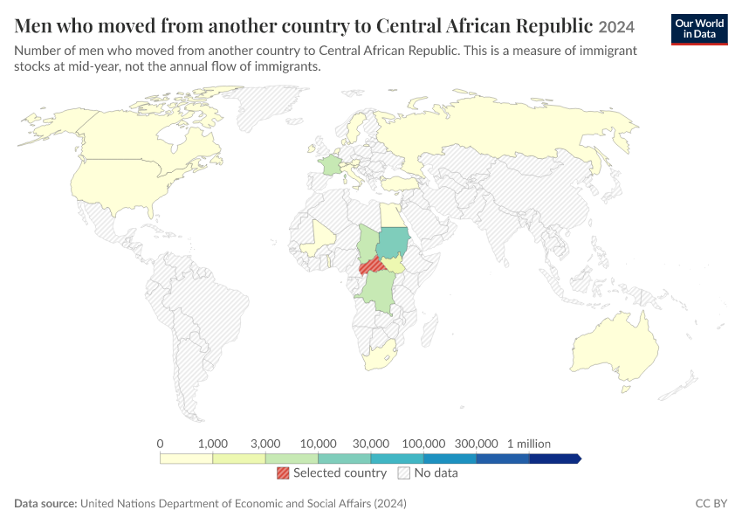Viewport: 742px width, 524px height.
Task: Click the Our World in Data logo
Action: click(699, 30)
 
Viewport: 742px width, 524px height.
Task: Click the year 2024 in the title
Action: click(616, 27)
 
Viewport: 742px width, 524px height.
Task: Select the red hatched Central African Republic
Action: click(372, 266)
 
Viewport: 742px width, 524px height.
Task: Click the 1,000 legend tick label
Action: click(213, 444)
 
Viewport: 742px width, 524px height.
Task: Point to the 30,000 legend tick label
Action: click(371, 444)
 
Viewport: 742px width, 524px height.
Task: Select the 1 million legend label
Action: click(529, 444)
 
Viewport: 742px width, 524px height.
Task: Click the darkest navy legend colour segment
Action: click(554, 458)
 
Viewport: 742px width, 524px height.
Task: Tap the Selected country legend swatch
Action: click(283, 472)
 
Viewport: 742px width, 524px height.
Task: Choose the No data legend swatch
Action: click(404, 472)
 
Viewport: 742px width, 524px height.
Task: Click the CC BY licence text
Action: click(711, 503)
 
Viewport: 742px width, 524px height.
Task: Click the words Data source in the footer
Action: click(45, 503)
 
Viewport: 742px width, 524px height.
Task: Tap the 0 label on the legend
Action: click(160, 444)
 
